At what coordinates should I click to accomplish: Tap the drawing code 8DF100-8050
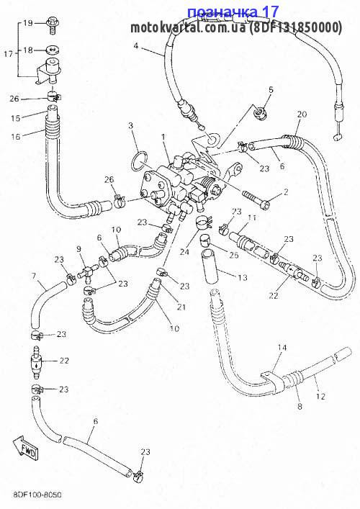37,495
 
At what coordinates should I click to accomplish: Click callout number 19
28,23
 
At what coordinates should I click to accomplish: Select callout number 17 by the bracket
8,53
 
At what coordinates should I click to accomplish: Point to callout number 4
136,46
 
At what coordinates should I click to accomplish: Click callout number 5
271,90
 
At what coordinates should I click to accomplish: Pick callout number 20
302,114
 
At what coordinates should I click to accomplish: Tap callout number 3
131,125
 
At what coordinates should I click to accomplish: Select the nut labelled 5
260,112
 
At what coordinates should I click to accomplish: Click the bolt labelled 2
256,201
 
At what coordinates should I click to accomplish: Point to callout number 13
243,278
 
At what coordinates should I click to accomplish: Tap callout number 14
282,348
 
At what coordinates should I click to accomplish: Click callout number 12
320,397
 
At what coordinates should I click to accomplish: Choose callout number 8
300,406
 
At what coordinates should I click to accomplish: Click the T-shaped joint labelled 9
88,271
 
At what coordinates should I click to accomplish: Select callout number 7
33,276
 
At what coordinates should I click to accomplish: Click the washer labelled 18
53,50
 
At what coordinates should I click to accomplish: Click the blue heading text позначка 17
233,12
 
